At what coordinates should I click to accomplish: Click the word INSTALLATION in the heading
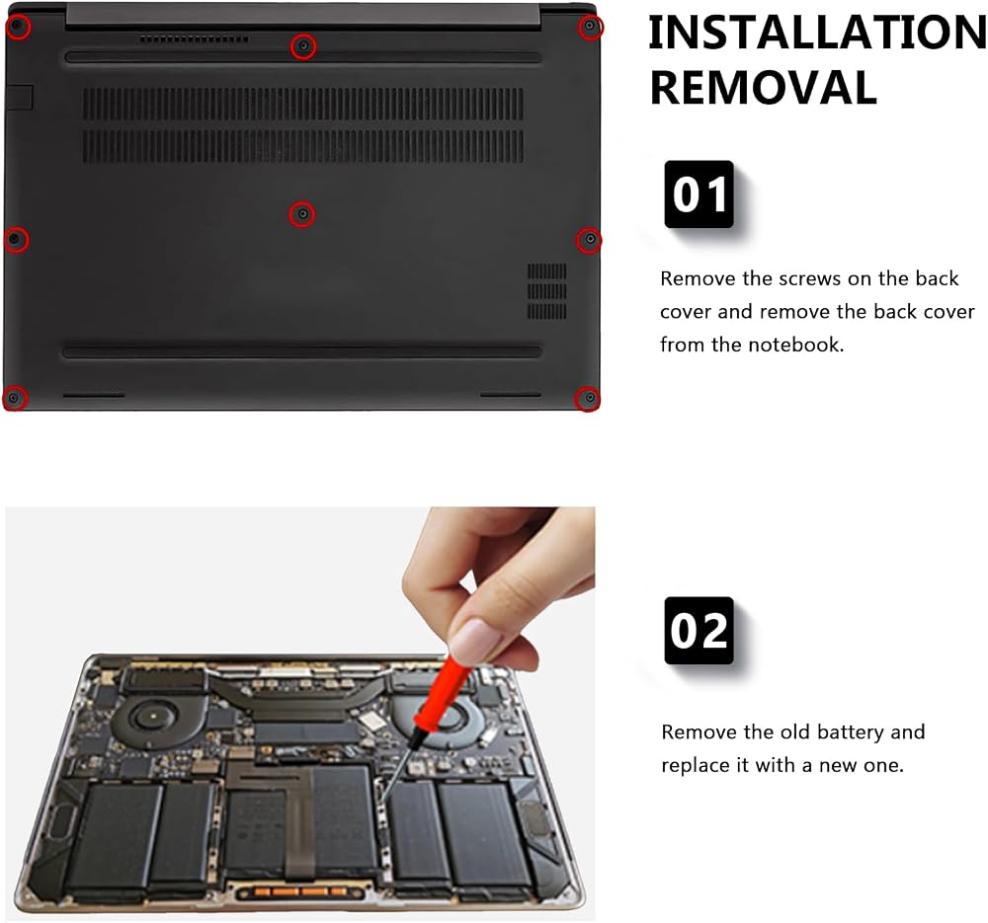(818, 33)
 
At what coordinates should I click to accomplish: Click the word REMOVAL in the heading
(763, 88)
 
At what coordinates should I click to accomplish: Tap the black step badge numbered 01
(699, 193)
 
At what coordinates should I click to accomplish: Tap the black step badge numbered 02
(699, 630)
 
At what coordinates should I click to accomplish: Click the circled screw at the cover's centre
(302, 214)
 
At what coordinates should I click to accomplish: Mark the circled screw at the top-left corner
(18, 27)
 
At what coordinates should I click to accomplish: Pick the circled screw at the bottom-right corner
(587, 398)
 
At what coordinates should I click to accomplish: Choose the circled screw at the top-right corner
(590, 27)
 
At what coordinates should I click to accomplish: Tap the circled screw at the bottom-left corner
(15, 398)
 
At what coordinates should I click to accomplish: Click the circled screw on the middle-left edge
(16, 239)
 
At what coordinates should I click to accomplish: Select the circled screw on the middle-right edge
(589, 239)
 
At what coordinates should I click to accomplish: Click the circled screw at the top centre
(303, 46)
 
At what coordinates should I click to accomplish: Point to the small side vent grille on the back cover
(546, 291)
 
